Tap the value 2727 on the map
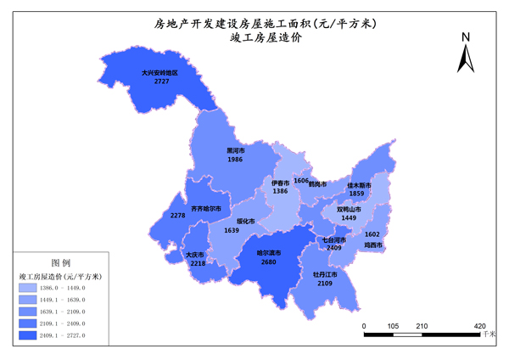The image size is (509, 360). coord(161,82)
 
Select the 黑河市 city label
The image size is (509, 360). coord(235,150)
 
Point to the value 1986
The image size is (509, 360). coord(235,160)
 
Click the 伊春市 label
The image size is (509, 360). coord(281,183)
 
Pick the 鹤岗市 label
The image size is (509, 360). coord(318,183)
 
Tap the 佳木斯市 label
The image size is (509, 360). coord(360,184)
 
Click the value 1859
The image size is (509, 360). coord(356,194)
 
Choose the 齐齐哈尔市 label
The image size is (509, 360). coord(206,208)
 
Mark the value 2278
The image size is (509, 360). coord(177,216)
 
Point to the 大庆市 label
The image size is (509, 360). coord(196,255)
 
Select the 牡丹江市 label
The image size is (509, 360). coord(325,274)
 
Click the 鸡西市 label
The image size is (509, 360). coord(373,245)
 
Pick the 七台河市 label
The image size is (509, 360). coord(333,239)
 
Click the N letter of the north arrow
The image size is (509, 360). coord(466,37)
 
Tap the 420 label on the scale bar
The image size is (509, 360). coord(479,325)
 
